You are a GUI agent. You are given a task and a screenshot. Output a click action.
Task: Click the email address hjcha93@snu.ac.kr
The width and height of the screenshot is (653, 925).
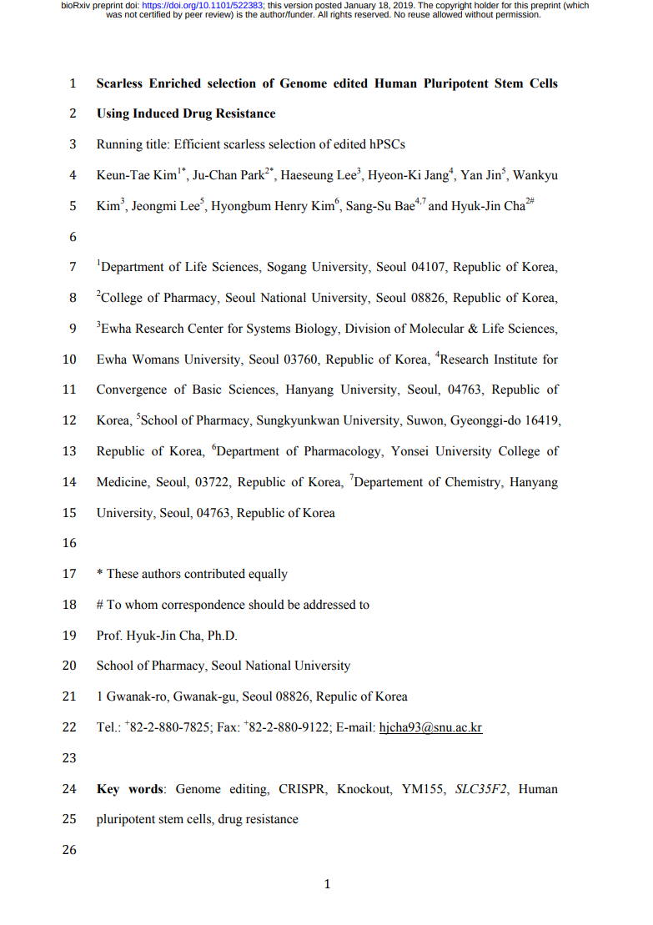coord(430,727)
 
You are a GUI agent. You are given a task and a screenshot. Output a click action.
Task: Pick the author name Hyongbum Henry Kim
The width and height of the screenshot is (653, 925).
coord(271,206)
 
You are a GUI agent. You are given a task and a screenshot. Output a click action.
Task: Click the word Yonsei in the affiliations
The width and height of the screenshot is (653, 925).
coord(424,451)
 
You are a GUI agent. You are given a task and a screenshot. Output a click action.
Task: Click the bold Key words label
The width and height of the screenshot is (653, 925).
coord(130,789)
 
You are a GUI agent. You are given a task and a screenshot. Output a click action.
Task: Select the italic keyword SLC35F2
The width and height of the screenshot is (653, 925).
coord(483,789)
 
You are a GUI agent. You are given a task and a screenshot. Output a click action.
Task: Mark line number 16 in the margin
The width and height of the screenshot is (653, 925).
coord(69,543)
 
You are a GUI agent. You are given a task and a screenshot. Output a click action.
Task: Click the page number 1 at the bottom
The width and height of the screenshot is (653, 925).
coord(327,884)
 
